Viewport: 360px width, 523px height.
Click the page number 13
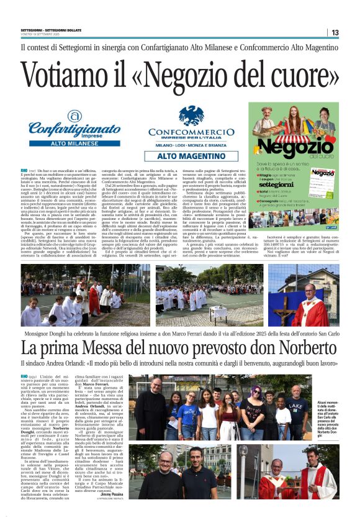(335, 32)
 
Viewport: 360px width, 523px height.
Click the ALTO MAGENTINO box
(191, 157)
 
